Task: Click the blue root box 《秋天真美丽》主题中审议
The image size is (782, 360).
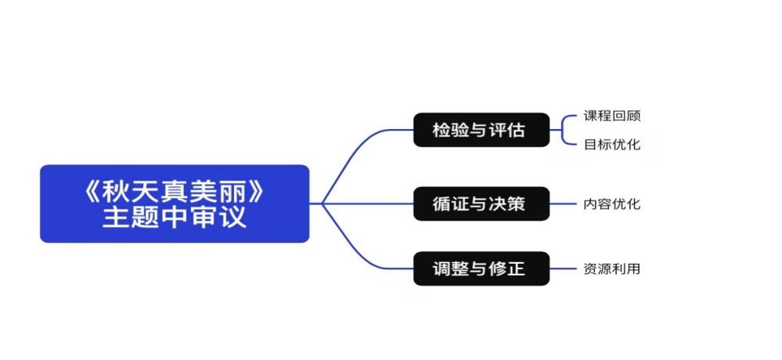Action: [x=175, y=203]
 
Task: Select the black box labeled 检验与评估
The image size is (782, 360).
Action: [x=481, y=130]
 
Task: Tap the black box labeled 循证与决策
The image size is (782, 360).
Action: [x=481, y=204]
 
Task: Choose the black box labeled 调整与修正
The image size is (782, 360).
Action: [x=481, y=269]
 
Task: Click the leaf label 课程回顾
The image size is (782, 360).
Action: [x=611, y=116]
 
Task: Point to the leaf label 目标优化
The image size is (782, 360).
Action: [x=611, y=144]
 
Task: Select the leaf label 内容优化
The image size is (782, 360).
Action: [x=611, y=204]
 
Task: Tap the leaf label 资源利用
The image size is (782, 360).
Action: [x=611, y=269]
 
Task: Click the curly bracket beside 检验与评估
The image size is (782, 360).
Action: [x=564, y=130]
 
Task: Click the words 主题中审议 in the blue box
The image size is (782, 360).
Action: [x=175, y=217]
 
